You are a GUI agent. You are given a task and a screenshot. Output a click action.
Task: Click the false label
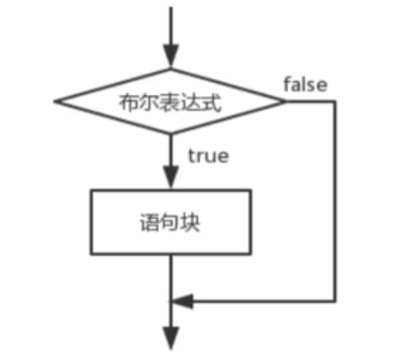(x=306, y=85)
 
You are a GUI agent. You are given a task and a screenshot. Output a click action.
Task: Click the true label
(x=208, y=156)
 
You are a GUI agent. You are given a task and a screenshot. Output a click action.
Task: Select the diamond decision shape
(x=171, y=102)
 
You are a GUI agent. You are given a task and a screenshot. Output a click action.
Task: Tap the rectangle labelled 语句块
(x=171, y=221)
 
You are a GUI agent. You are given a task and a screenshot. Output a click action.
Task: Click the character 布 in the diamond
(x=127, y=103)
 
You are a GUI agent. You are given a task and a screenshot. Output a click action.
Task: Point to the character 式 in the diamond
(x=214, y=103)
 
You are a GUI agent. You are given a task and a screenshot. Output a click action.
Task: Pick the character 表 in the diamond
(x=171, y=103)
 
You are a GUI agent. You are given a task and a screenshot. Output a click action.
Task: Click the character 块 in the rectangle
(x=192, y=223)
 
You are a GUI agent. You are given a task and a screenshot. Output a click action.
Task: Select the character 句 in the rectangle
(x=171, y=223)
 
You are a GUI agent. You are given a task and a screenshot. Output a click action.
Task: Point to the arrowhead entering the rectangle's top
(x=171, y=180)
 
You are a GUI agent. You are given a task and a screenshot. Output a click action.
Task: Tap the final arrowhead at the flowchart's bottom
(x=171, y=336)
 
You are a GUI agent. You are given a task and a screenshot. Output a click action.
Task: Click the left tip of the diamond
(x=56, y=102)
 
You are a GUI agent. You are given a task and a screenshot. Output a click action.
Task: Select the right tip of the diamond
(x=285, y=102)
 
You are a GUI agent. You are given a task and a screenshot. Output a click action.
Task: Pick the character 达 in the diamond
(x=192, y=103)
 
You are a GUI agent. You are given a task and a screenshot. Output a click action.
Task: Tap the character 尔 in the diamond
(x=148, y=103)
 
